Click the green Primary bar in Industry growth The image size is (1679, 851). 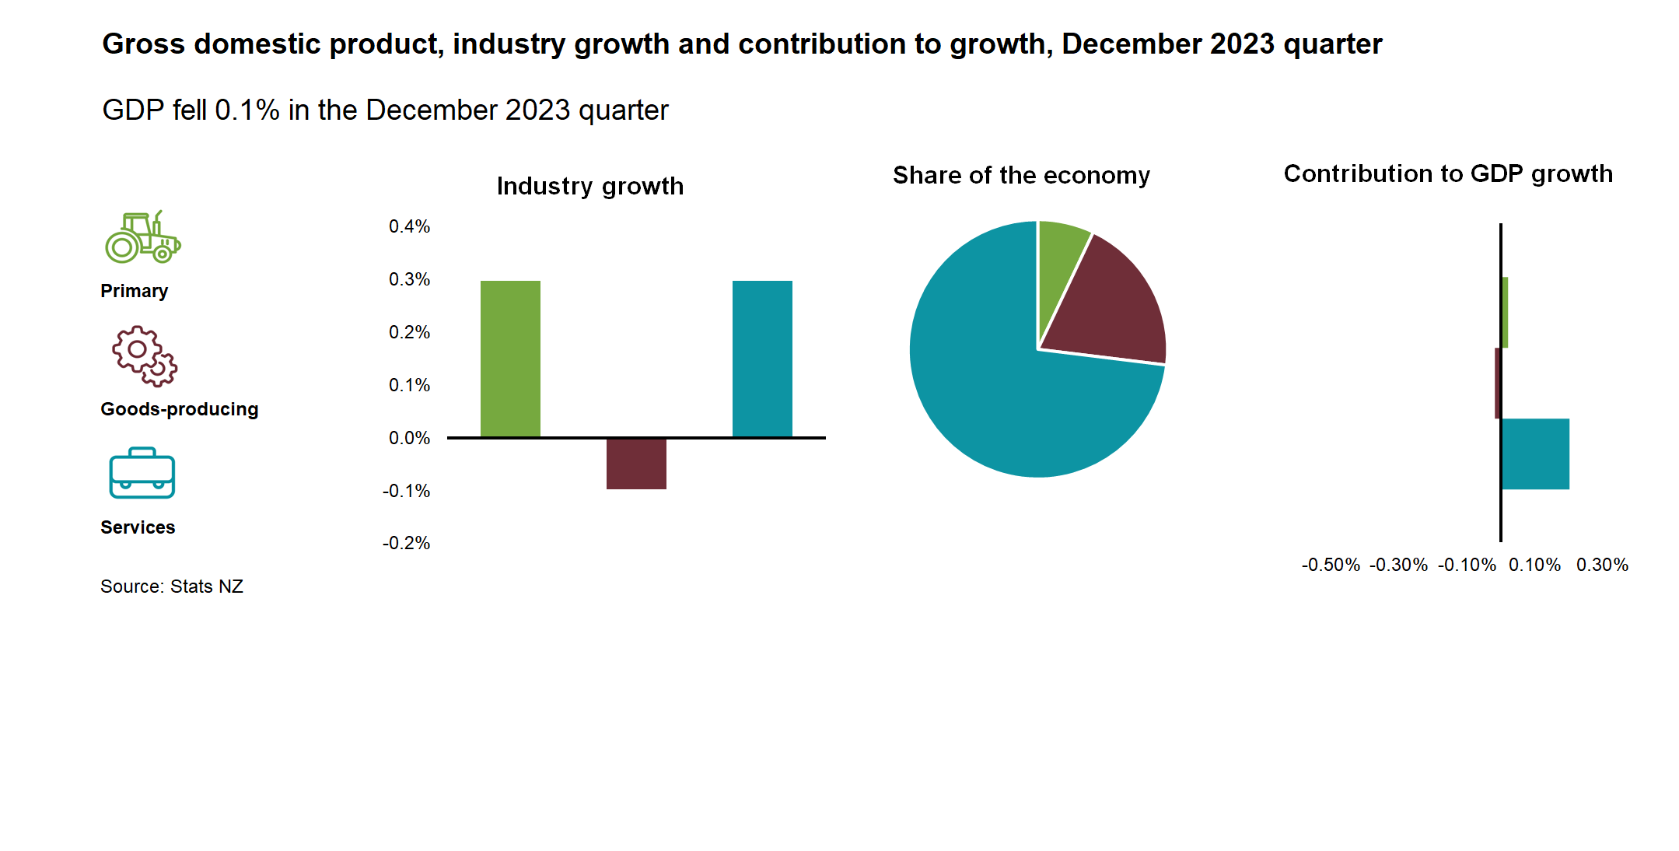(x=510, y=359)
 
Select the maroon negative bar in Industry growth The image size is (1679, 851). (x=636, y=464)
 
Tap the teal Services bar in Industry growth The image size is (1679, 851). (x=762, y=359)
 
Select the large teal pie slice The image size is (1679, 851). (x=1003, y=389)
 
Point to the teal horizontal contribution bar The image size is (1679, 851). (x=1535, y=454)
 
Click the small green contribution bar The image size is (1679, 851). (x=1505, y=313)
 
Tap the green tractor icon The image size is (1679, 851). (x=143, y=237)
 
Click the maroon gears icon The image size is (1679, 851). (x=145, y=356)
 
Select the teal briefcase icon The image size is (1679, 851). (x=142, y=473)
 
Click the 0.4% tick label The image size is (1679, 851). (x=409, y=226)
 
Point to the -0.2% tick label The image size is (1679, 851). (x=406, y=543)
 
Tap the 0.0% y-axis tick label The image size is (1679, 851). (x=409, y=438)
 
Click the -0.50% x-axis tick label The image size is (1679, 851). (x=1331, y=565)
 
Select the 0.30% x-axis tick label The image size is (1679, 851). (x=1602, y=565)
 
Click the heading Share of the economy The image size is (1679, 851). (x=1021, y=176)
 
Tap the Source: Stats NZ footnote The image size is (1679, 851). (x=172, y=587)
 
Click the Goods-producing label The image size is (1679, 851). (x=180, y=409)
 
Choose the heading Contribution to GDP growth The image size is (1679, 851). (x=1448, y=173)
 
